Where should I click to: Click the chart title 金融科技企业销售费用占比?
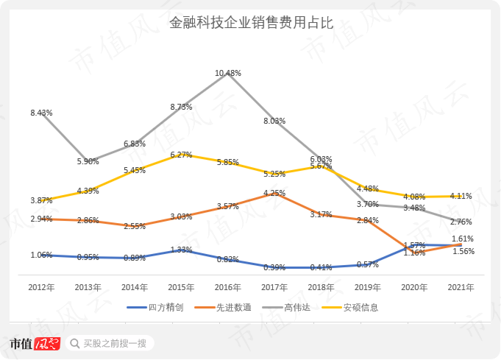coord(250,23)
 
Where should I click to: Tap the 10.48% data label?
coord(228,73)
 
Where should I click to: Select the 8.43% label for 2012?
coord(41,113)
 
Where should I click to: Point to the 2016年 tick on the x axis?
coord(228,286)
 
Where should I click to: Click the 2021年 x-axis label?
coord(461,286)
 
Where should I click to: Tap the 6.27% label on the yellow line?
coord(181,155)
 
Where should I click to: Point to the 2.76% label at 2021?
coord(461,222)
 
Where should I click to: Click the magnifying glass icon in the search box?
coord(75,343)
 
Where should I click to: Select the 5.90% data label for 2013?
coord(88,161)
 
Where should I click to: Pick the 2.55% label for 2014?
coord(134,226)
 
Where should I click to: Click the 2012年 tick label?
coord(41,286)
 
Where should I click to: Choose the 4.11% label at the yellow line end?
coord(461,196)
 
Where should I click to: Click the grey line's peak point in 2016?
coord(228,75)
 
